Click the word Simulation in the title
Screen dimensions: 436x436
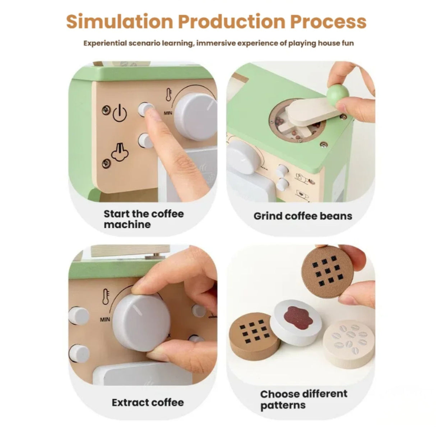pos(120,22)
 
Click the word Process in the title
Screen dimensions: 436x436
pos(328,22)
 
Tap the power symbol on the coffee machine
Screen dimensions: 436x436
pos(120,113)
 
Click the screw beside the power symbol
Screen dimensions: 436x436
pos(106,110)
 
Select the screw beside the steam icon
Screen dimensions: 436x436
pos(106,163)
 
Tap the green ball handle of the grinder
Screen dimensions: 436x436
pos(337,94)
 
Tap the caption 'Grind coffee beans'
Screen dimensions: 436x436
pos(303,216)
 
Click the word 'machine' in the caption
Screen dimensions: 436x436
pos(127,224)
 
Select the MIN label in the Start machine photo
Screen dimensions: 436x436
pos(168,112)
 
